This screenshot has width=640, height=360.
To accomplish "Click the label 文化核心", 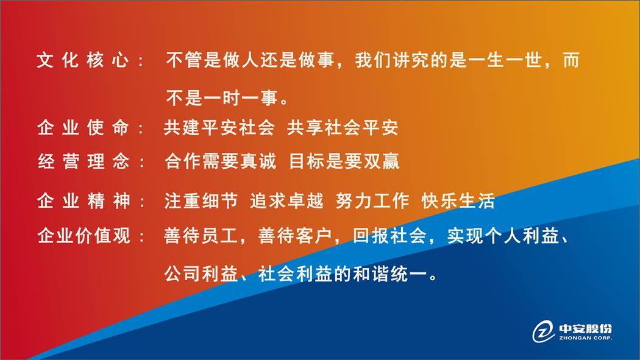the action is (x=83, y=60).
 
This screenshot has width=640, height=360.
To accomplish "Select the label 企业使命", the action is (x=84, y=127).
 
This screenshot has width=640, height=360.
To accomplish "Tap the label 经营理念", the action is (x=84, y=161).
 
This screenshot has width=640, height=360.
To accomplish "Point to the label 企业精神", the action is (x=84, y=200).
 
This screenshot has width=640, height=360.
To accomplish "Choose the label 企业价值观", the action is (x=84, y=235).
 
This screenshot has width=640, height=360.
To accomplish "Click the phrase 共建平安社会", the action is (x=219, y=127).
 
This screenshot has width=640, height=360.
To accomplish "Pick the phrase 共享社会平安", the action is (x=343, y=127).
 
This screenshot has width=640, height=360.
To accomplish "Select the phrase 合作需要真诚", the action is (x=221, y=161).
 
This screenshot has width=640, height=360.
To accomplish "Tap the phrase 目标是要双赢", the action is (x=344, y=161).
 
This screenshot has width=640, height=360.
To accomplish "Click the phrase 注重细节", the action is (x=201, y=200).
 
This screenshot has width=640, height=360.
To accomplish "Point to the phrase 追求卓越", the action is (x=286, y=200).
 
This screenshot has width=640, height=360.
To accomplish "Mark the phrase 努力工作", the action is (x=372, y=200).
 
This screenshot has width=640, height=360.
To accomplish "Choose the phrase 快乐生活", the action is (x=458, y=200).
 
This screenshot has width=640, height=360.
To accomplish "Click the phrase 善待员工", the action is (x=201, y=235).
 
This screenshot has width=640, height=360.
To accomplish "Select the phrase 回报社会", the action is (x=389, y=235).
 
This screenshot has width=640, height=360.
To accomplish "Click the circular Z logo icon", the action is (x=543, y=331).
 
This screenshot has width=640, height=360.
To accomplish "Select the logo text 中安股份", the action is (x=585, y=328).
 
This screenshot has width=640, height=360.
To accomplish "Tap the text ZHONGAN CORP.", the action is (x=585, y=338).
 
